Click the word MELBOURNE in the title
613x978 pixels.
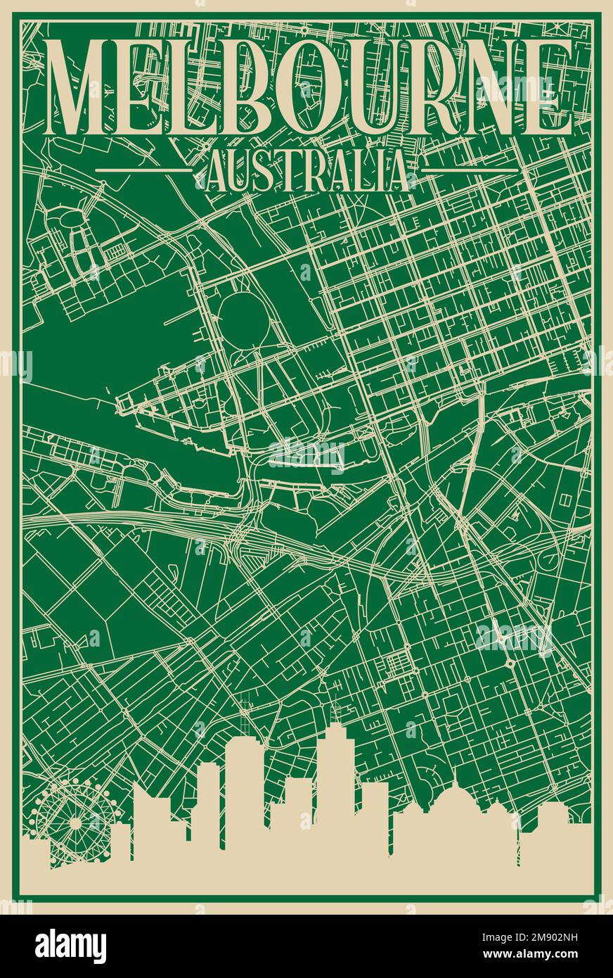[x=307, y=88]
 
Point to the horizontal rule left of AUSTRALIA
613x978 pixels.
[x=143, y=170]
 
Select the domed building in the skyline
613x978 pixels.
[x=456, y=809]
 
